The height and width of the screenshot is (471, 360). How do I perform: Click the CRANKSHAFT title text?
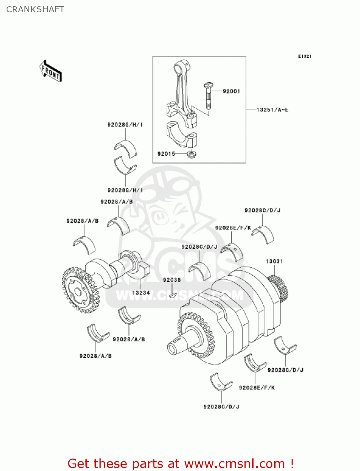point(35,9)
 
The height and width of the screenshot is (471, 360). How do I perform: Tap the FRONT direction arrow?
point(51,71)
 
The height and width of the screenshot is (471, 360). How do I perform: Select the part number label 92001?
point(231,91)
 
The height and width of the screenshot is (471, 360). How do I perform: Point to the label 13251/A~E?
point(272,110)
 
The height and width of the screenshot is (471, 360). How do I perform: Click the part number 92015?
point(166,154)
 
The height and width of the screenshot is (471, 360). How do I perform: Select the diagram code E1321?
point(304,56)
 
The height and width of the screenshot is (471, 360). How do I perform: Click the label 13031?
point(274,261)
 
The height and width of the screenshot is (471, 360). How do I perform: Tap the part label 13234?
point(141,293)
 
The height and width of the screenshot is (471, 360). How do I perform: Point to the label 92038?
point(172,280)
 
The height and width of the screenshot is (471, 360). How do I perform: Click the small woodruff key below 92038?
point(173,295)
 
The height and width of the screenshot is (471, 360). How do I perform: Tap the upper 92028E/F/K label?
point(233,228)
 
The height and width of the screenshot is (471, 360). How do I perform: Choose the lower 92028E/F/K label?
point(257,388)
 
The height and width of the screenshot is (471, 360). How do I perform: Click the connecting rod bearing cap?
point(181,135)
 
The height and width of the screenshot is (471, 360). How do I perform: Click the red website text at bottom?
point(180,463)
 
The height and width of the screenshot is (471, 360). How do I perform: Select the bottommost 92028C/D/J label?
point(221,407)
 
